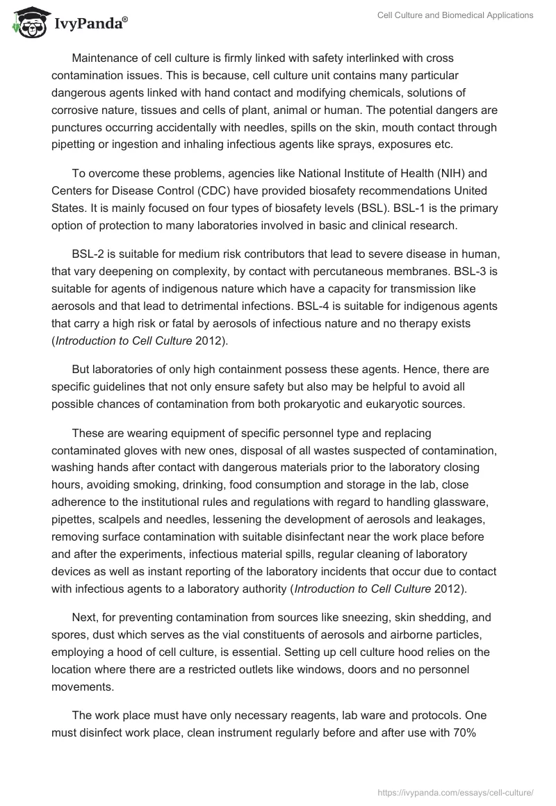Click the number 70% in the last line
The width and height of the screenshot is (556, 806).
pyautogui.click(x=461, y=732)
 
